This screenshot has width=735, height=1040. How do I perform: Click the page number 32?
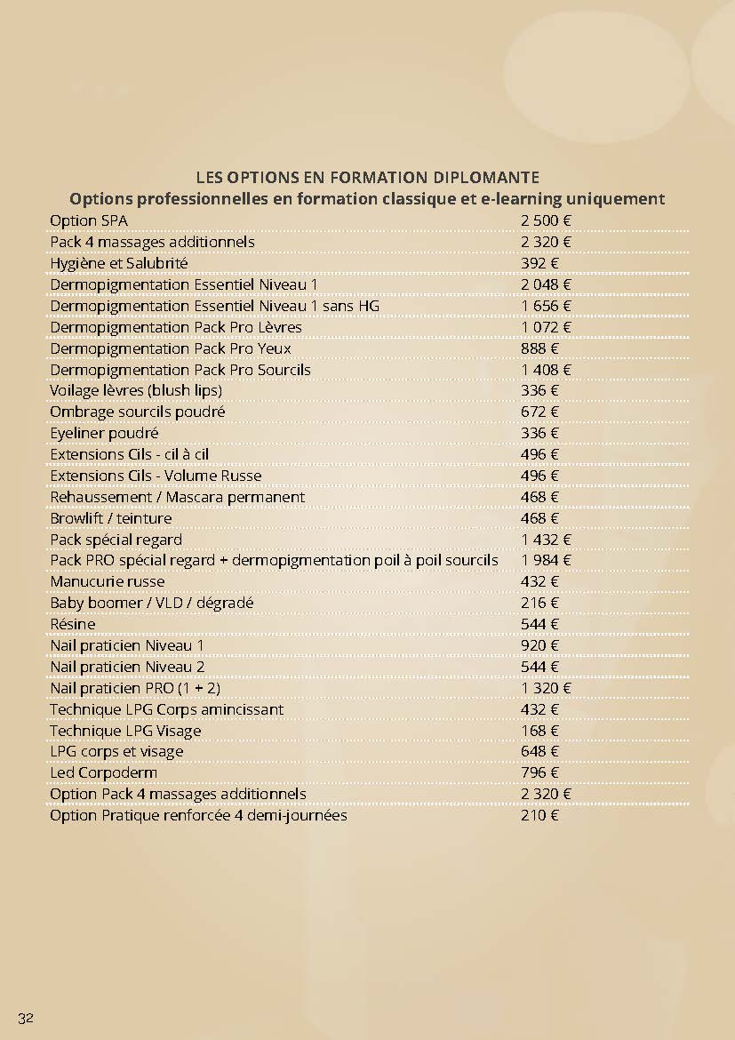click(25, 1017)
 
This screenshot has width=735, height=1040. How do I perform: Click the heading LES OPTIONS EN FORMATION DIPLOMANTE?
click(367, 178)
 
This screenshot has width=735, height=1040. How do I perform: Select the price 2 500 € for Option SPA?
click(545, 220)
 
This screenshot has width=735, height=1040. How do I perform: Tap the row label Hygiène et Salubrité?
click(118, 263)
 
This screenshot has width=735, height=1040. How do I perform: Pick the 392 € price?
click(539, 263)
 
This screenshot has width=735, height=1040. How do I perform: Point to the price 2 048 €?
click(545, 284)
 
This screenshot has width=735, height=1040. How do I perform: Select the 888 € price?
click(539, 348)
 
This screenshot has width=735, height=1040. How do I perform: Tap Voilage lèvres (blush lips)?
click(135, 390)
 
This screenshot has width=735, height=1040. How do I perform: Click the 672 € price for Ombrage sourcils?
click(539, 412)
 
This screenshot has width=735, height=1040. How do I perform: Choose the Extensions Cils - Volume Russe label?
click(156, 476)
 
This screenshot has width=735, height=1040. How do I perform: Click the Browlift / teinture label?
click(110, 518)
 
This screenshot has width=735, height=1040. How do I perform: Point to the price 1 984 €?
click(545, 560)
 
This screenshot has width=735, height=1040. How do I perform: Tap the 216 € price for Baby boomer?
click(539, 603)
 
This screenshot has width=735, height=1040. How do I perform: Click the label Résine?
click(72, 624)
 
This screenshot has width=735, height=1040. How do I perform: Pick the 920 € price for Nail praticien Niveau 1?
click(539, 645)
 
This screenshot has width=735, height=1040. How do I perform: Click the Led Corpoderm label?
click(103, 772)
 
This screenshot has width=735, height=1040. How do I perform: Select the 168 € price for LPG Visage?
click(539, 731)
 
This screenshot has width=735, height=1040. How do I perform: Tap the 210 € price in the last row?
click(539, 815)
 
